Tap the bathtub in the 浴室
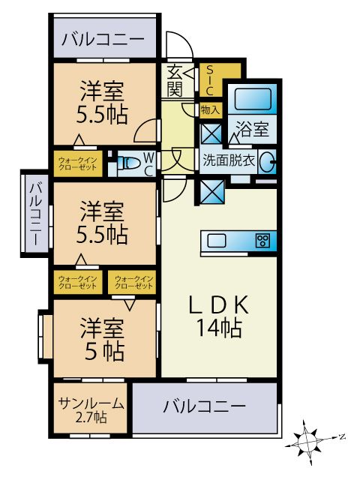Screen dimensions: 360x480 pyautogui.click(x=253, y=98)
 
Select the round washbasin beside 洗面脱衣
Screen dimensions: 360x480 pyautogui.click(x=267, y=161)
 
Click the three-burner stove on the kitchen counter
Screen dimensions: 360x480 pyautogui.click(x=262, y=240)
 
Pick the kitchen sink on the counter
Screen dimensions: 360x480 pyautogui.click(x=217, y=240)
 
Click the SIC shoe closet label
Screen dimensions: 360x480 pyautogui.click(x=209, y=80)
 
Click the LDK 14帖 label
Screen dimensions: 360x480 pyautogui.click(x=219, y=316)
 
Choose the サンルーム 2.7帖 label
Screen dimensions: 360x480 pyautogui.click(x=91, y=410)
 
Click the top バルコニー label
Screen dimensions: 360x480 pyautogui.click(x=103, y=39)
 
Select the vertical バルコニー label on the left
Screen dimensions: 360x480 pyautogui.click(x=35, y=213)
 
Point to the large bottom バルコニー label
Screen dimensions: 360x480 pyautogui.click(x=204, y=406)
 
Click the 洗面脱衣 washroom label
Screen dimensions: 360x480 pyautogui.click(x=229, y=160)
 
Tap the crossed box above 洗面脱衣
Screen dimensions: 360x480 pyautogui.click(x=211, y=133)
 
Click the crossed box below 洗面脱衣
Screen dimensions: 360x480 pyautogui.click(x=212, y=192)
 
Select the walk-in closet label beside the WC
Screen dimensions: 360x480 pyautogui.click(x=77, y=163)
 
